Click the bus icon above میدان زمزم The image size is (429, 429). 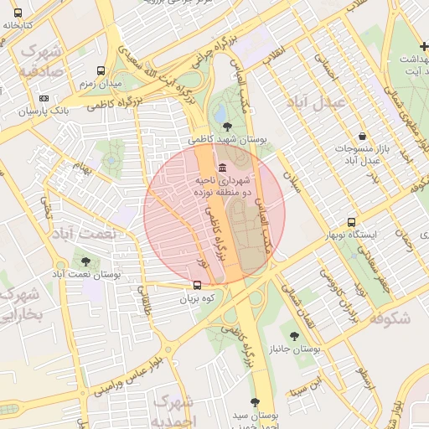point(101,72)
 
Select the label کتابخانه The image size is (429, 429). point(18,24)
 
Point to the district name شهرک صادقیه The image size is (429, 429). point(40,59)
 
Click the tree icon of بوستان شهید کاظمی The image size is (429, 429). point(226,126)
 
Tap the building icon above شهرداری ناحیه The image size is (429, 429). point(221,167)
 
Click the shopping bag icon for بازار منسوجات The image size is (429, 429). point(361,136)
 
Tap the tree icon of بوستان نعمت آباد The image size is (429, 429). point(85,261)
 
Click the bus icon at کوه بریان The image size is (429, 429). point(198,285)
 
